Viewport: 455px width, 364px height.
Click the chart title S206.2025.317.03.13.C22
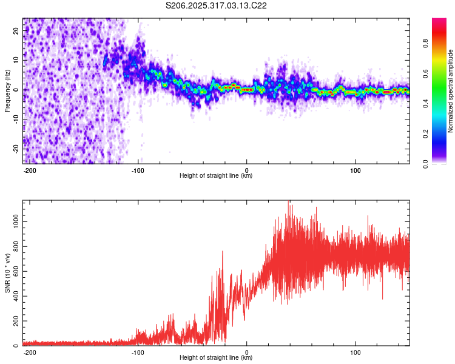coord(217,5)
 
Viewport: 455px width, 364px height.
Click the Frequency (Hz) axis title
coord(7,90)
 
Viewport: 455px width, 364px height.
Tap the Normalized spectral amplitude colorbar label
coord(451,91)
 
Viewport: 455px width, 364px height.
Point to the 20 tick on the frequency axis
coord(16,32)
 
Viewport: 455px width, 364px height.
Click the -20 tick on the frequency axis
coord(15,147)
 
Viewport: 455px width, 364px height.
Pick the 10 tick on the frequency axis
coord(16,61)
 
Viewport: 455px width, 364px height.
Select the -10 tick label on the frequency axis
coord(15,118)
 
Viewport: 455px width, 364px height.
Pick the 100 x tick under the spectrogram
coord(355,169)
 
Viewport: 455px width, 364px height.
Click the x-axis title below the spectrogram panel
coord(216,176)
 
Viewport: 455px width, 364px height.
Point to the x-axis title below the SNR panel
coord(216,358)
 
